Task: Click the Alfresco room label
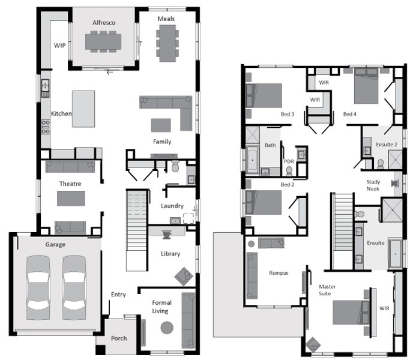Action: [104, 23]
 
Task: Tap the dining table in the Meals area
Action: [167, 43]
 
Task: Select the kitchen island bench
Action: [83, 109]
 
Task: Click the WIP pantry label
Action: [60, 46]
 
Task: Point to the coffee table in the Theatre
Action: [71, 199]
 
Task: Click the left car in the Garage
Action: [38, 287]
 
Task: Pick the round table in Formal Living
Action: [167, 328]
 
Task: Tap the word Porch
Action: [119, 338]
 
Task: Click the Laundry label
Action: [172, 206]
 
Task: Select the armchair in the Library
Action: [184, 276]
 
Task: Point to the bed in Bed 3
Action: [264, 95]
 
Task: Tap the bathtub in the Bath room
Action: [253, 160]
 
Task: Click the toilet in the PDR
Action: [289, 171]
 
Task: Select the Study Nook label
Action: [373, 185]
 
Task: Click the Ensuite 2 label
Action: [387, 145]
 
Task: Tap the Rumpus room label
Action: [279, 273]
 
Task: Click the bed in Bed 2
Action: [264, 202]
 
